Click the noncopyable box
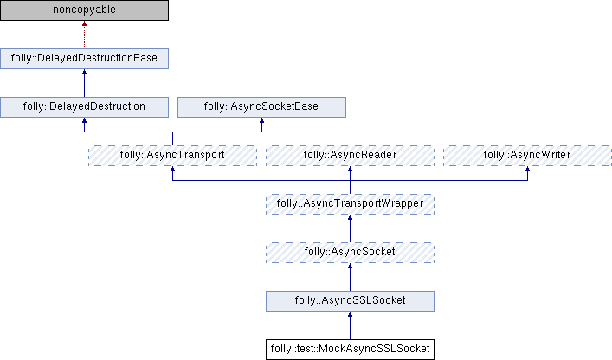[x=84, y=10]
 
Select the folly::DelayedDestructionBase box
[x=84, y=59]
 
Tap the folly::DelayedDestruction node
[x=84, y=106]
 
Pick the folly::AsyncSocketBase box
[x=261, y=106]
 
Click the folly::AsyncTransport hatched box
[x=173, y=155]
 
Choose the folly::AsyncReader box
[x=350, y=155]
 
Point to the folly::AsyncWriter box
[x=527, y=155]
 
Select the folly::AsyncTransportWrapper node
[x=350, y=203]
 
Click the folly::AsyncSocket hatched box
[x=350, y=252]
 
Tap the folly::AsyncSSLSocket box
[x=350, y=300]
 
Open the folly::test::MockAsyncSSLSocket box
[x=350, y=349]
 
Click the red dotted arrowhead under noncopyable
[x=84, y=26]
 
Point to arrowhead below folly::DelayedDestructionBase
[x=84, y=74]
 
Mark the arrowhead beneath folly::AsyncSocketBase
[x=261, y=122]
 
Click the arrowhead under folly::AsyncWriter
[x=527, y=170]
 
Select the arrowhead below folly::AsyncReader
[x=350, y=170]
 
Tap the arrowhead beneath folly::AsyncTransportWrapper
[x=350, y=219]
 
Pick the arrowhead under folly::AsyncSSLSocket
[x=350, y=316]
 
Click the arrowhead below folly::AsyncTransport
[x=173, y=170]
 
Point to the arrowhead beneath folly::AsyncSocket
[x=350, y=267]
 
